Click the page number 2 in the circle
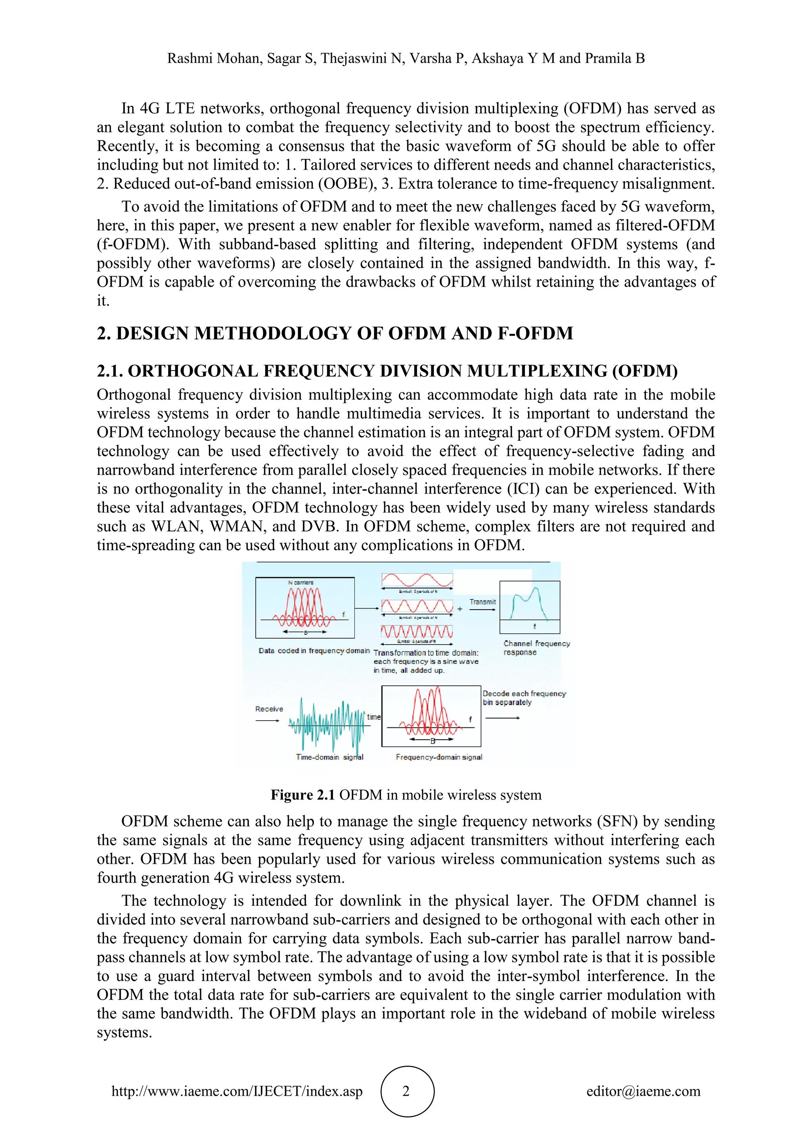tap(406, 1091)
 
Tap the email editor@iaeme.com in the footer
tap(643, 1091)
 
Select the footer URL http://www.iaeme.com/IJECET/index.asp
tap(237, 1091)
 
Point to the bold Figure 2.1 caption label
tap(303, 795)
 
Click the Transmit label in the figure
tap(483, 602)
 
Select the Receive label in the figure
tap(269, 709)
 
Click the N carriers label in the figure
tap(301, 582)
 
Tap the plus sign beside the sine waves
tap(460, 609)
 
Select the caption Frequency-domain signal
tap(439, 757)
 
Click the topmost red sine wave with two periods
tap(417, 580)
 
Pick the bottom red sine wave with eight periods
tap(417, 631)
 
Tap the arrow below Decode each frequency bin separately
tap(502, 718)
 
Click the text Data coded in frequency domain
tap(314, 651)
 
